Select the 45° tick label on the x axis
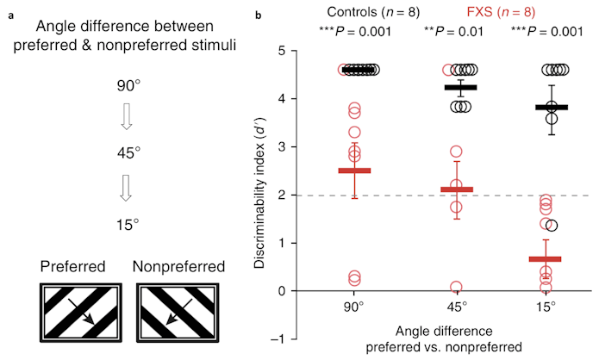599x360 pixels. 458,307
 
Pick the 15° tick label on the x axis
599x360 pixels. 545,307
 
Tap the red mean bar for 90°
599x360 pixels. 354,171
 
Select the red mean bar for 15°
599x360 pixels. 545,258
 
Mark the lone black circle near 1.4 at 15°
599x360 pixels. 552,225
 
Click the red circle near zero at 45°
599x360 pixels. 456,287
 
